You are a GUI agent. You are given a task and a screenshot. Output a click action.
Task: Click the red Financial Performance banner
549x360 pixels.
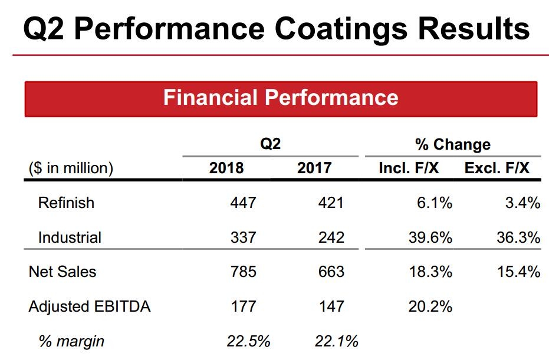(x=281, y=98)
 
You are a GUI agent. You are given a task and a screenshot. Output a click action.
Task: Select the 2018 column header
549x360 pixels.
(x=226, y=168)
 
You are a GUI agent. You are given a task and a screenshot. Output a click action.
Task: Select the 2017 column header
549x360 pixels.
(x=314, y=168)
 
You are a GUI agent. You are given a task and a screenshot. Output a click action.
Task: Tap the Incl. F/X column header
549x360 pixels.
(x=409, y=168)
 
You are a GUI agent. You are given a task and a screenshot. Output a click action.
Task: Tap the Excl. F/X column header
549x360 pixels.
(x=497, y=168)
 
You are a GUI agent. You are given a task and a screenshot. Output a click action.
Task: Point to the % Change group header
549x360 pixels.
(x=453, y=144)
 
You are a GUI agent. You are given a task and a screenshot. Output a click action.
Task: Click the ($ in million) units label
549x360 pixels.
(x=71, y=168)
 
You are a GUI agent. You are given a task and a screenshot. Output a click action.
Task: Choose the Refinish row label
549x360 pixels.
(x=66, y=203)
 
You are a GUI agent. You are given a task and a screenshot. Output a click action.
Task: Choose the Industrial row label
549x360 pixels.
(x=70, y=237)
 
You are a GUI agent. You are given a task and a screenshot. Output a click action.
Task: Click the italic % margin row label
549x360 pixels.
(x=71, y=341)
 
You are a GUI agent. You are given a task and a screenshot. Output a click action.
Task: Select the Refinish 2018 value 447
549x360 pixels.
(x=244, y=203)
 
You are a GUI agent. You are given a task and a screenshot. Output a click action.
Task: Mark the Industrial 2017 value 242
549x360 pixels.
(x=331, y=237)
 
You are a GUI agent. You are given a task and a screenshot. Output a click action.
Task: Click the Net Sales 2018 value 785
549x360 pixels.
(x=244, y=272)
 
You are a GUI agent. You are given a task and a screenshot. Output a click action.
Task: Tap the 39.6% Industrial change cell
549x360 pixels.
(x=430, y=237)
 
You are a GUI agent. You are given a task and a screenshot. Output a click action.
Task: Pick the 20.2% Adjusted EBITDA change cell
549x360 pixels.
(x=430, y=306)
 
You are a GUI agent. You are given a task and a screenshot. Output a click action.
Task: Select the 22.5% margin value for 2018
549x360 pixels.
(x=248, y=341)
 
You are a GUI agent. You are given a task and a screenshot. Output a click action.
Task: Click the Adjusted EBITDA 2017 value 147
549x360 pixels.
(x=331, y=306)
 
